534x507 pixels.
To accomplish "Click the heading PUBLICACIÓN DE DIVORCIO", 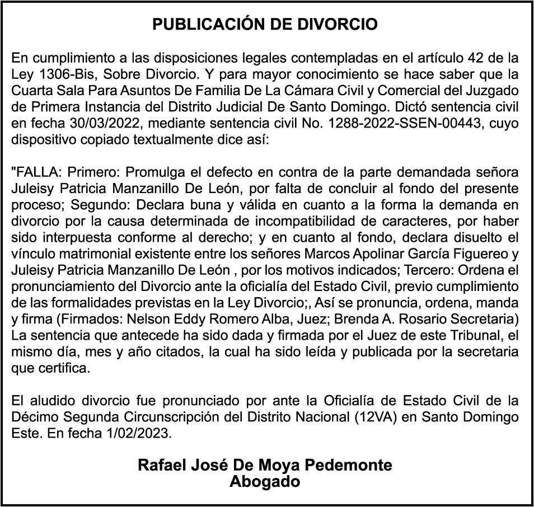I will click(x=265, y=25).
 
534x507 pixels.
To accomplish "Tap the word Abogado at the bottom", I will click(x=265, y=481).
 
